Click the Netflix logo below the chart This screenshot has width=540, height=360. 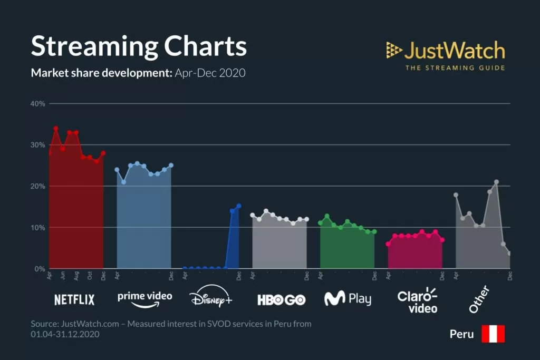pyautogui.click(x=74, y=300)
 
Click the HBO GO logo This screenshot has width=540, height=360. pyautogui.click(x=281, y=300)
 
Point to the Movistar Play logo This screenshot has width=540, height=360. pyautogui.click(x=348, y=299)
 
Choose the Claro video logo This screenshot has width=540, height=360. pyautogui.click(x=417, y=300)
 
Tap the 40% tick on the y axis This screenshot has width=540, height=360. pyautogui.click(x=38, y=103)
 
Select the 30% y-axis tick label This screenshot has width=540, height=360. pyautogui.click(x=38, y=145)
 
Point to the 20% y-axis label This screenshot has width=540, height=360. pyautogui.click(x=38, y=186)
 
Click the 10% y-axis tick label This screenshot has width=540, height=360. pyautogui.click(x=38, y=228)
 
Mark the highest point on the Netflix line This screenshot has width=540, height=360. pyautogui.click(x=56, y=128)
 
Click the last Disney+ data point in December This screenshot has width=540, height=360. pyautogui.click(x=239, y=206)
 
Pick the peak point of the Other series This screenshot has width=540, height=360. pyautogui.click(x=496, y=182)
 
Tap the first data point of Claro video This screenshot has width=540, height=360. pyautogui.click(x=388, y=244)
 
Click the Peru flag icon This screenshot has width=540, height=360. pyautogui.click(x=493, y=334)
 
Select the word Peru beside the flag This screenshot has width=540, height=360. pyautogui.click(x=461, y=334)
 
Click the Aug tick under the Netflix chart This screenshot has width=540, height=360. pyautogui.click(x=76, y=276)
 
